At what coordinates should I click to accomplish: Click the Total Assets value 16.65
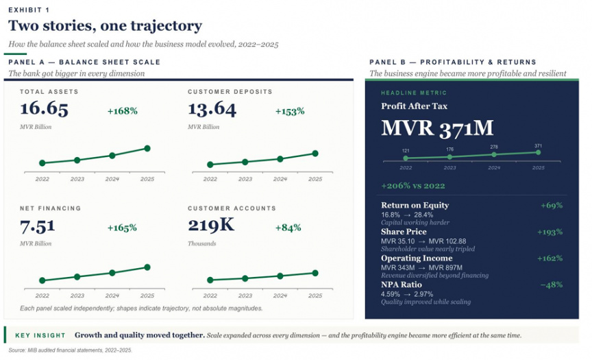coord(44,109)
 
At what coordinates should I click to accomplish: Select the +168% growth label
coord(123,110)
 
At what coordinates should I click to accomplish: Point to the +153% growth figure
coord(290,110)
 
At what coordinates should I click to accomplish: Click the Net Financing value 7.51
coord(38,226)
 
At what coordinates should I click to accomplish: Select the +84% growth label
coord(288,228)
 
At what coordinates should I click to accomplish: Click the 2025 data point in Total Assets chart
coord(147,148)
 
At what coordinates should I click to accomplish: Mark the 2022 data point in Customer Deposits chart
coord(210,165)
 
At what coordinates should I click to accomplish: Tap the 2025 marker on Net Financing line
coord(147,267)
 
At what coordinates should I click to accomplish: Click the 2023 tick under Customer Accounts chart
coord(245,296)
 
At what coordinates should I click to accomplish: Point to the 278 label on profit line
coord(494,147)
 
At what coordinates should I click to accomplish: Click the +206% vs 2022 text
coord(413,186)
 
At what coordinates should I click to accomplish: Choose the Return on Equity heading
coord(415,205)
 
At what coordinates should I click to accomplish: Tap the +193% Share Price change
coord(551,232)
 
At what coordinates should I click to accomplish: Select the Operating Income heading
coord(417,259)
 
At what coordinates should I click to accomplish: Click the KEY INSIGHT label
coord(40,335)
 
